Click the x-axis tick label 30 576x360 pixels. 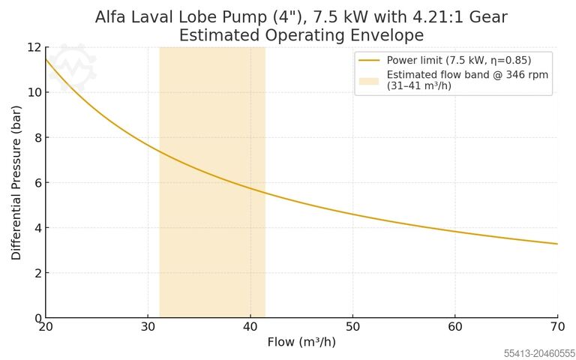point(148,327)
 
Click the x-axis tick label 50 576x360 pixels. point(352,327)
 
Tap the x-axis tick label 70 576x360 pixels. point(557,327)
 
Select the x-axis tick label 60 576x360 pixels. point(455,327)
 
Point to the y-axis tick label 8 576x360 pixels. point(34,137)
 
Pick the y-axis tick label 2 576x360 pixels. point(34,273)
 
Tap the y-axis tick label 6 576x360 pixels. point(34,183)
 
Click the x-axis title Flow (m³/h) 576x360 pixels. point(301,342)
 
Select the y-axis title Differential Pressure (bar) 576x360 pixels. point(16,182)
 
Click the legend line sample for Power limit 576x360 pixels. point(369,60)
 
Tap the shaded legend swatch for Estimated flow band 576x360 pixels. point(369,80)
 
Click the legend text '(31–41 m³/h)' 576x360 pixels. point(418,85)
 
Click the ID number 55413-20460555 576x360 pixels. point(539,352)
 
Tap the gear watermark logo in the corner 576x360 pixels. point(73,66)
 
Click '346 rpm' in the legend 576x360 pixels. point(527,75)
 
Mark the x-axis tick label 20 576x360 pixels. point(46,327)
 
